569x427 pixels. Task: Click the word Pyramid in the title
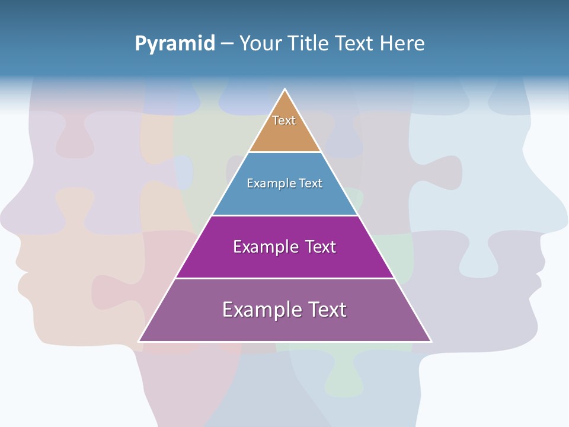tap(175, 44)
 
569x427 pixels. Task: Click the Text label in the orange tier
tap(284, 120)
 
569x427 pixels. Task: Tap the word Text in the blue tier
tap(311, 183)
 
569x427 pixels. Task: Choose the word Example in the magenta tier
tap(266, 247)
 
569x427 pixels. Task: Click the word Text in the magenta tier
tap(321, 247)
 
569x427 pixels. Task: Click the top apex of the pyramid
tap(285, 90)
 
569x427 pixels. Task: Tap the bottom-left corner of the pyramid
tap(139, 341)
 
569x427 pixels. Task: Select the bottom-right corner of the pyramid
tap(431, 341)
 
